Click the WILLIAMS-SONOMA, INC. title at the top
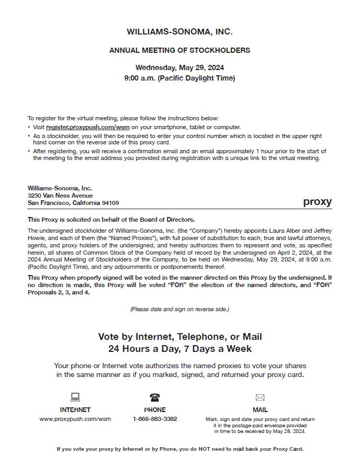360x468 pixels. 179,32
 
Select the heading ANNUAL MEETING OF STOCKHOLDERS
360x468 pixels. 179,51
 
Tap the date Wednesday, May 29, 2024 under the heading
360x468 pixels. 179,67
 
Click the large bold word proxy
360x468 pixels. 317,202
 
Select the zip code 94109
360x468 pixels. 110,203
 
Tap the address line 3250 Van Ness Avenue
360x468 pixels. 60,196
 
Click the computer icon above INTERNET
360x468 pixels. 75,397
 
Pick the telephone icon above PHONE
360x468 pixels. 155,397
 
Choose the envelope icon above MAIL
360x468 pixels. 260,397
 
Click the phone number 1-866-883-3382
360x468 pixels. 155,419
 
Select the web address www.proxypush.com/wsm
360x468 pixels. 75,419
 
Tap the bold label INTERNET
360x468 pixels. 75,410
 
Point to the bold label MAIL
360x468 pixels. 260,410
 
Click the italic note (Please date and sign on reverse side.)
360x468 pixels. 179,309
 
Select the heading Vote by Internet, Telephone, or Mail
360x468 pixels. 179,337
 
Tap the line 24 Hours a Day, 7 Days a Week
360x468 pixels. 179,349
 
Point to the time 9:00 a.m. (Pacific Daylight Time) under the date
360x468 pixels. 179,78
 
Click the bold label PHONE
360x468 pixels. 155,410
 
